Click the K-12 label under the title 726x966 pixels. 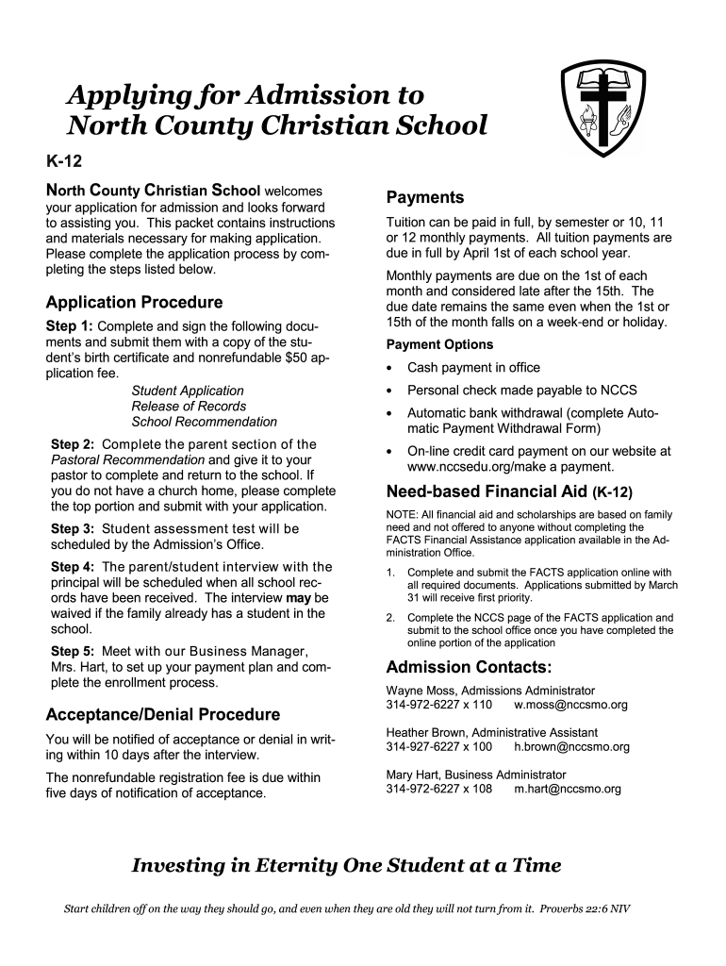coord(63,162)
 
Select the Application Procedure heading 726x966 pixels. coord(134,303)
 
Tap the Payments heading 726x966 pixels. coord(425,197)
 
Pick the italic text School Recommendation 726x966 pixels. coord(204,422)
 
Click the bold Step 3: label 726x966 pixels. coord(73,529)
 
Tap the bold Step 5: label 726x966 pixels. coord(73,652)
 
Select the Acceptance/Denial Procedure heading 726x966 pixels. coord(163,714)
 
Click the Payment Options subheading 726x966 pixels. coord(439,344)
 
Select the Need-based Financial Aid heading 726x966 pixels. coord(487,491)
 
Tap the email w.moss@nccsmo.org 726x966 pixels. coord(570,705)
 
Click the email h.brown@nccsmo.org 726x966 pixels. coord(571,747)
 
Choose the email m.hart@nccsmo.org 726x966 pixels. coord(568,789)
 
